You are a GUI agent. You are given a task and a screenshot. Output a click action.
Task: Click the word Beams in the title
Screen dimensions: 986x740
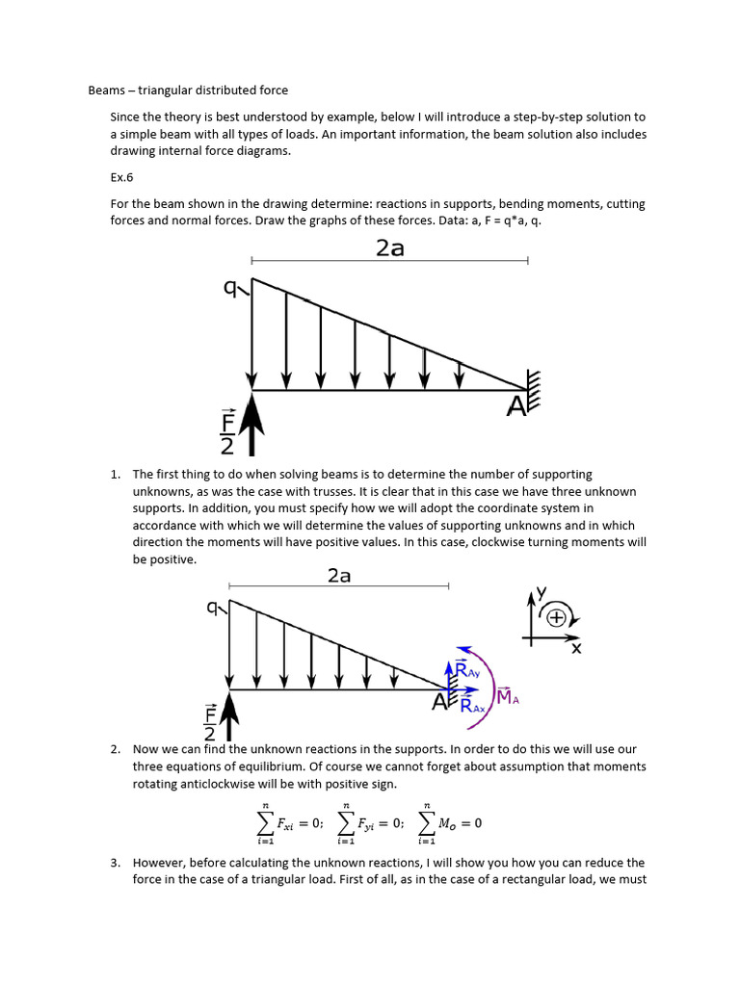107,91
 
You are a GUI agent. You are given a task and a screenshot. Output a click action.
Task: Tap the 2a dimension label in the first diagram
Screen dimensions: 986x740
389,247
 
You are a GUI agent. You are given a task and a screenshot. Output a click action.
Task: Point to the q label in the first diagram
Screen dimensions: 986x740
230,287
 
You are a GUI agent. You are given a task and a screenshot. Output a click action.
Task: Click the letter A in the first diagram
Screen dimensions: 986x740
517,407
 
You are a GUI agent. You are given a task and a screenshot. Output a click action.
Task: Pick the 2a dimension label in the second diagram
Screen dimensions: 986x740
339,576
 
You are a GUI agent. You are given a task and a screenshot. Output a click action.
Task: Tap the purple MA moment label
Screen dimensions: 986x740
508,697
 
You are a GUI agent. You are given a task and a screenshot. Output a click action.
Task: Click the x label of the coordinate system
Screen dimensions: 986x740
576,648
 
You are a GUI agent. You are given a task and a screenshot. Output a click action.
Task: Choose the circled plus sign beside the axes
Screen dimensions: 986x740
556,618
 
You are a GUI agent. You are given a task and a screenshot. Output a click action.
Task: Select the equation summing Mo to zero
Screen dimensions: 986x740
450,823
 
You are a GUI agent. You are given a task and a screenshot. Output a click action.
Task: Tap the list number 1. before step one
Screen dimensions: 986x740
115,475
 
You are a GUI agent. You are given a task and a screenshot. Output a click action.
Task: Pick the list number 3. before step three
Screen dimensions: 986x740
115,863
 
